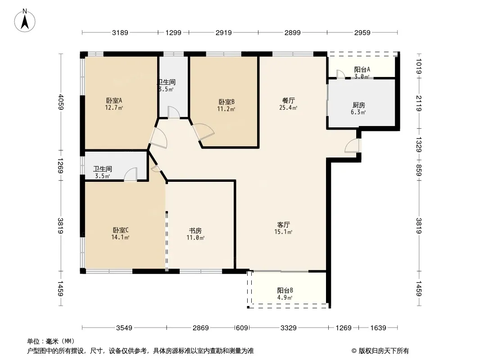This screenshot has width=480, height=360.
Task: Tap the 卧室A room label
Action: pos(114,100)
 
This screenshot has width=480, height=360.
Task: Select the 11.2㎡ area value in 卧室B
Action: pos(226,109)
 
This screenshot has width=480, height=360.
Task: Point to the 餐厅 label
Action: pos(288,100)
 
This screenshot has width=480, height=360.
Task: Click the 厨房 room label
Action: pos(359,105)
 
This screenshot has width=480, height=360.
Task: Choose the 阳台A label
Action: pos(362,69)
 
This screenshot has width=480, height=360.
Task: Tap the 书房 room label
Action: pos(195,230)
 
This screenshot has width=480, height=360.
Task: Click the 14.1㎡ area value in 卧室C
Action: pos(120,237)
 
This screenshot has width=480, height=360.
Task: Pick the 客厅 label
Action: pos(284,225)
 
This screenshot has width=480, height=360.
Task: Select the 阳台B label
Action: pos(285,290)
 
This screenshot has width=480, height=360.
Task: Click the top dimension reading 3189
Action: pos(120,32)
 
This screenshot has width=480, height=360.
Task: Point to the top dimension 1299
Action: pos(173,32)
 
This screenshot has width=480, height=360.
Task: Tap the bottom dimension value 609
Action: pos(242,328)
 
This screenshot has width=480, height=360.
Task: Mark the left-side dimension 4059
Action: pos(61,102)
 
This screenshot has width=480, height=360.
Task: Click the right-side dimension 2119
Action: pos(419,103)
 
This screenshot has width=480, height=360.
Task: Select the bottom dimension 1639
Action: pos(378,328)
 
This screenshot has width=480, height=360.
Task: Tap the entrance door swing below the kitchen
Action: pos(352,146)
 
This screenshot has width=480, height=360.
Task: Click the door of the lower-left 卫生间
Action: pos(131,174)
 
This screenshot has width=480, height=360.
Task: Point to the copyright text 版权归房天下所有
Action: pos(384,351)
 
